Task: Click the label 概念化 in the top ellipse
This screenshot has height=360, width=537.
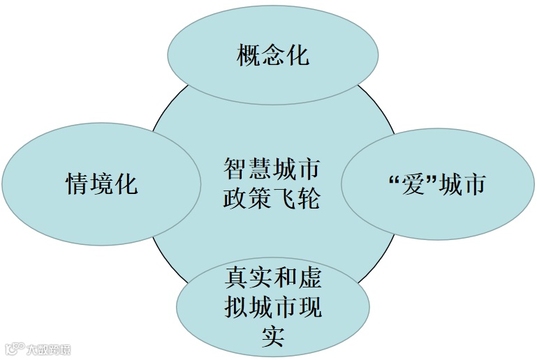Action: point(272,55)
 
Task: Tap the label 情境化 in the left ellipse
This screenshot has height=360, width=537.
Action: point(101,184)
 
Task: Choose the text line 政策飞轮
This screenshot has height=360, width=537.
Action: point(272,198)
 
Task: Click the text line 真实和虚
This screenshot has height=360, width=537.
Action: point(273,278)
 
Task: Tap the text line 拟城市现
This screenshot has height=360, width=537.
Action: point(273,307)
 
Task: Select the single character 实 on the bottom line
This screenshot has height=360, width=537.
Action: point(272,335)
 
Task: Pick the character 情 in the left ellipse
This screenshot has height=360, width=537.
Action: point(78,184)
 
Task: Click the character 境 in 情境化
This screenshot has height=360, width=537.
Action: point(102,184)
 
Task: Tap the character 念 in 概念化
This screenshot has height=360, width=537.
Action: point(273,55)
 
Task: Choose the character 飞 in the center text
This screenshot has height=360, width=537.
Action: point(284,198)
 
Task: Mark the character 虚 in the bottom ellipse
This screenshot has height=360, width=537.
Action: point(309,278)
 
